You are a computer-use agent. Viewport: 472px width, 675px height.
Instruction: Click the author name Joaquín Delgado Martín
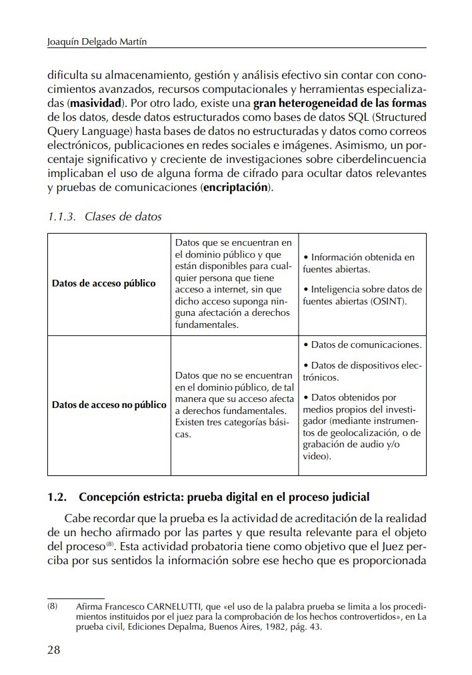click(97, 41)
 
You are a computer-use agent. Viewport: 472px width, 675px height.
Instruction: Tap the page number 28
click(54, 650)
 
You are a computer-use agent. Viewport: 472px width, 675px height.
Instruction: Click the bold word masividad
click(96, 104)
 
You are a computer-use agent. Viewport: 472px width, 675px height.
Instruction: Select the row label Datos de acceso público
click(103, 283)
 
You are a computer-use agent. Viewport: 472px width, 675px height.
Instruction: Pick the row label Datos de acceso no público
click(109, 405)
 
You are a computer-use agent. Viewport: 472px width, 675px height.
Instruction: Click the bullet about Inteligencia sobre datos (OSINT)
click(362, 295)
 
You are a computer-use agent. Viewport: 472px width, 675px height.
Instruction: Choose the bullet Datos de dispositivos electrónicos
click(362, 371)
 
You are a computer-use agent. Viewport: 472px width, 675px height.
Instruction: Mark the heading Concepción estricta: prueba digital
click(224, 497)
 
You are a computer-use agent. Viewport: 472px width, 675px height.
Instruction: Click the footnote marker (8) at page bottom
click(53, 606)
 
